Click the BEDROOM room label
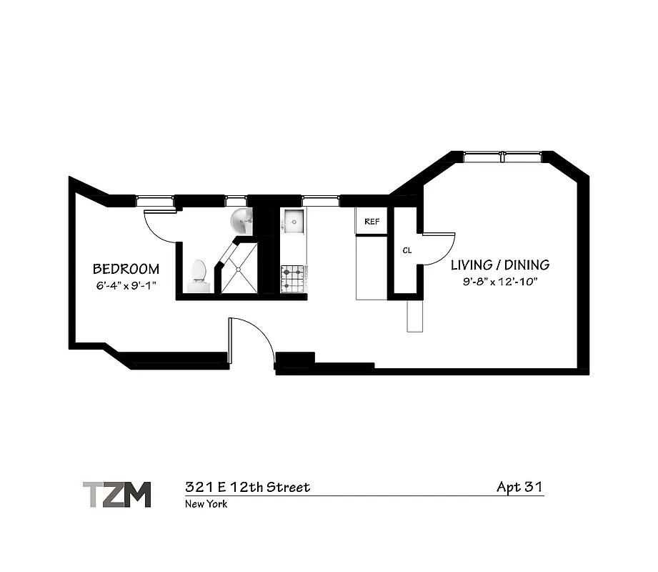(x=126, y=270)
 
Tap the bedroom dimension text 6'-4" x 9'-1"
(x=126, y=285)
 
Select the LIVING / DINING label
(x=500, y=265)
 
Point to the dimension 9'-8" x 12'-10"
(x=499, y=281)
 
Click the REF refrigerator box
(x=372, y=221)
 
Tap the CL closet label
(x=407, y=251)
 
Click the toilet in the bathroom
(x=198, y=276)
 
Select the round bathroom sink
(x=242, y=222)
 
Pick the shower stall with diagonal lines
(x=239, y=269)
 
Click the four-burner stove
(x=294, y=278)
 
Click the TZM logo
(x=116, y=494)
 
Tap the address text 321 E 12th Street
(x=247, y=488)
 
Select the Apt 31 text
(x=519, y=488)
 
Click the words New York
(x=206, y=504)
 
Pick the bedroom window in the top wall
(x=155, y=201)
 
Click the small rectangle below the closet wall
(x=415, y=315)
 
